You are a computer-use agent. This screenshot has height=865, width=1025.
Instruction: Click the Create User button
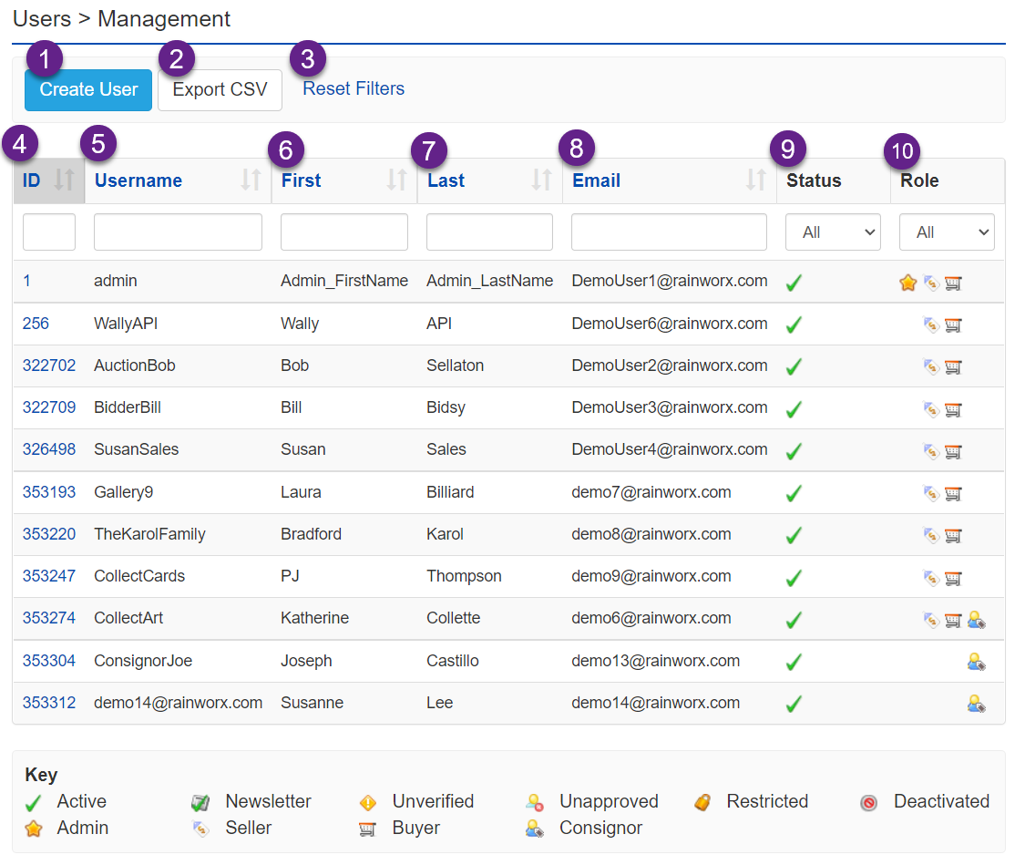pyautogui.click(x=88, y=89)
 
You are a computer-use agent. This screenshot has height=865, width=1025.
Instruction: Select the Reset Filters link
pyautogui.click(x=354, y=88)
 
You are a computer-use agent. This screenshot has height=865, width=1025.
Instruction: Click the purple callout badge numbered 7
pyautogui.click(x=429, y=149)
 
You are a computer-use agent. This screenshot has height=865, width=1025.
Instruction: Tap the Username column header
pyautogui.click(x=138, y=180)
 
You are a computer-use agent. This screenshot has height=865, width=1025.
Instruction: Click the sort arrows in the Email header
pyautogui.click(x=755, y=180)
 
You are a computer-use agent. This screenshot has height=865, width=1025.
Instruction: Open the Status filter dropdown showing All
pyautogui.click(x=833, y=232)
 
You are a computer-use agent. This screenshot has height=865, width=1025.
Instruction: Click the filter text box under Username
pyautogui.click(x=178, y=232)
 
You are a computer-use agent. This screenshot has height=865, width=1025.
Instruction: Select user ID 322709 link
pyautogui.click(x=49, y=407)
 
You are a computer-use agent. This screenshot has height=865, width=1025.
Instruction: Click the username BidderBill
pyautogui.click(x=128, y=407)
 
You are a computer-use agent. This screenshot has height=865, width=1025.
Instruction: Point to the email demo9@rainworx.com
pyautogui.click(x=651, y=576)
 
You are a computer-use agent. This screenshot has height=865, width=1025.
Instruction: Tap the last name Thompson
pyautogui.click(x=464, y=576)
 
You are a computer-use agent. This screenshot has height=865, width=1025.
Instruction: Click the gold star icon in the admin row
pyautogui.click(x=907, y=283)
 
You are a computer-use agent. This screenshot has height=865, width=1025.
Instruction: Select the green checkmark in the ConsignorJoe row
pyautogui.click(x=794, y=662)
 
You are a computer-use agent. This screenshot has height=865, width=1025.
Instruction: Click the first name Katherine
pyautogui.click(x=314, y=618)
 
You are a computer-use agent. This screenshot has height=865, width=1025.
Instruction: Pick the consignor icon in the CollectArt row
pyautogui.click(x=976, y=620)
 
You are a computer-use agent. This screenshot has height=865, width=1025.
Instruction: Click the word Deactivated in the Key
pyautogui.click(x=941, y=801)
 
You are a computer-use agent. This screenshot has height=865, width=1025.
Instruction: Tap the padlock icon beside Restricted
pyautogui.click(x=702, y=802)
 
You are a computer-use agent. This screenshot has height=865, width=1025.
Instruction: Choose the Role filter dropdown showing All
pyautogui.click(x=947, y=232)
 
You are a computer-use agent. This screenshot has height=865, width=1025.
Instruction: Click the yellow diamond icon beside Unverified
pyautogui.click(x=368, y=802)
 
